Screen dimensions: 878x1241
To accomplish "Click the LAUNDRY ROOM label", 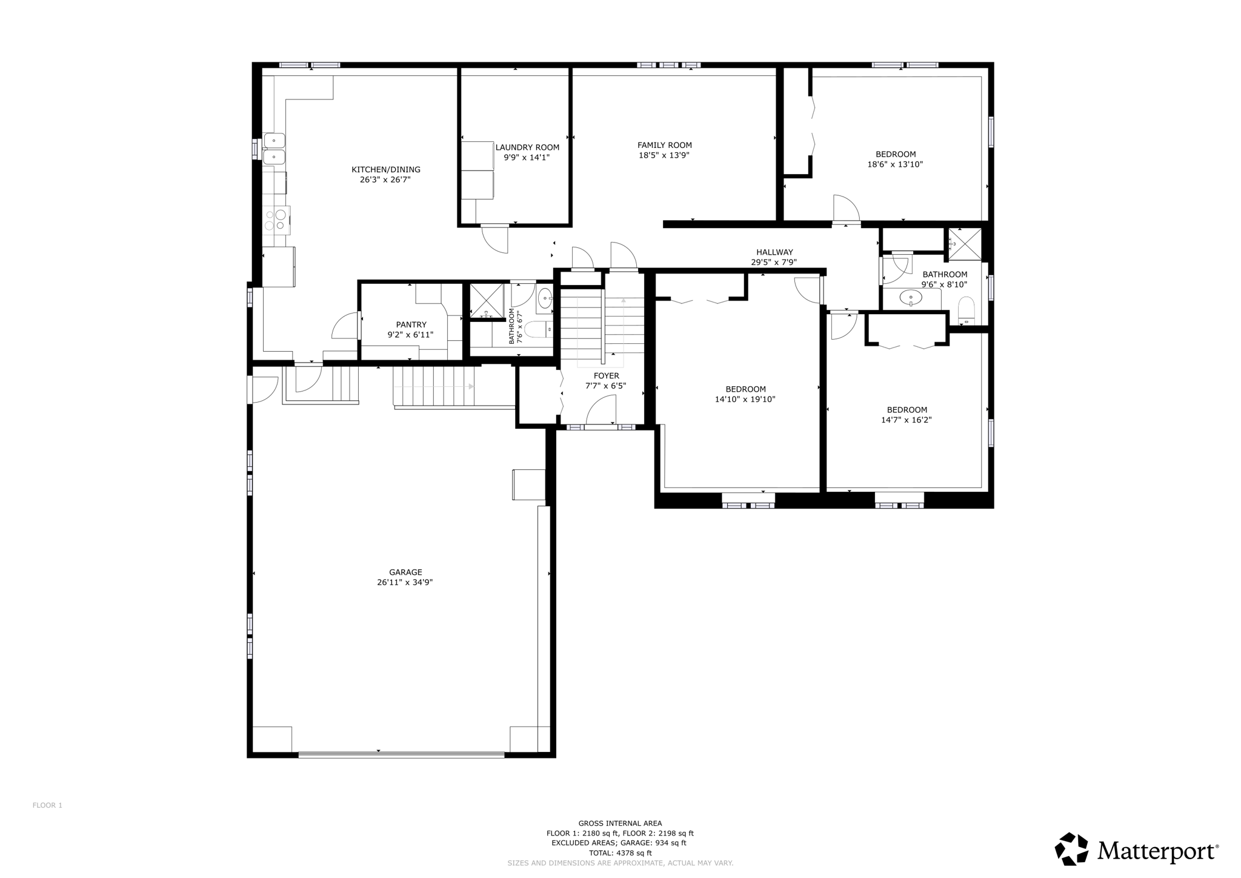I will pos(527,147).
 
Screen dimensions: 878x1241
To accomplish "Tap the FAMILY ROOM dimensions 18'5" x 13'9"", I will pos(664,155).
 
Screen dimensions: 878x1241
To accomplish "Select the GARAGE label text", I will pos(405,572).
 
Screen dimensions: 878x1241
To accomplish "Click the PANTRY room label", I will pos(411,324).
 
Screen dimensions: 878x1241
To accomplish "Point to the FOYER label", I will pos(606,376).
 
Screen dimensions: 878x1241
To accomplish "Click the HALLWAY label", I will pos(774,252).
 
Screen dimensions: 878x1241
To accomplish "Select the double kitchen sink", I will pos(274,149).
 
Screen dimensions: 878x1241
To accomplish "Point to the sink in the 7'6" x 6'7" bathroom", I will pos(545,299).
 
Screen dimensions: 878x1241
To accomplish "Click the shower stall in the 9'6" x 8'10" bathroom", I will pos(965,244).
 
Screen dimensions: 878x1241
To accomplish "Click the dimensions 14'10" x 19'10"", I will pos(745,400).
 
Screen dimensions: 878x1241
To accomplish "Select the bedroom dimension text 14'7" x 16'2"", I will pos(906,420).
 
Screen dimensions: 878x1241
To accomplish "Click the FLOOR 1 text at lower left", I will pos(47,805).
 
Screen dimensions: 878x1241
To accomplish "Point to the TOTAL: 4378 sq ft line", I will pos(620,853).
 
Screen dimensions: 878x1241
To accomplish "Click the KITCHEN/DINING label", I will pos(386,170).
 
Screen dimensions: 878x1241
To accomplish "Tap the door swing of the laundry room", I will pos(496,239).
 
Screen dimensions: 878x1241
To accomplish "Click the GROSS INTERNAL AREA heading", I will pos(620,823).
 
